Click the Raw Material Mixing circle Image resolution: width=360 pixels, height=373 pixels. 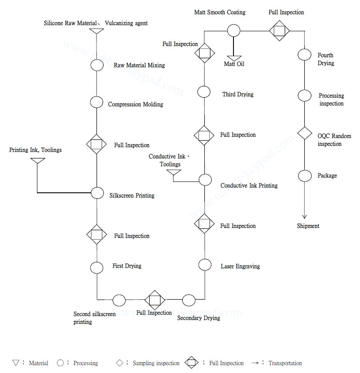click(96, 65)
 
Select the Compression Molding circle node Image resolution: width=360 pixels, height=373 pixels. click(96, 103)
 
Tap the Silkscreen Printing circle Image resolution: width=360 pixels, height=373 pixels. click(96, 192)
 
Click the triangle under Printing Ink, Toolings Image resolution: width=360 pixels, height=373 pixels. click(37, 161)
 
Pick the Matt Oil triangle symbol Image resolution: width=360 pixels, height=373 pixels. click(234, 58)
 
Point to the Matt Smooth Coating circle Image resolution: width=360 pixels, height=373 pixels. click(234, 30)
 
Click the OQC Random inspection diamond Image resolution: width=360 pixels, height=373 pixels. click(304, 133)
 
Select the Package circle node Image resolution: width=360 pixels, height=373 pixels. click(304, 176)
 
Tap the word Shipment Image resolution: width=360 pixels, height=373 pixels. click(308, 226)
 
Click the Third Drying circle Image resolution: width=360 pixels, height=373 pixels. click(204, 92)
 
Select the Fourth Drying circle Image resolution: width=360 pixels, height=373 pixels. click(304, 55)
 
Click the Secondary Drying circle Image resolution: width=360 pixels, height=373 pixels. click(189, 300)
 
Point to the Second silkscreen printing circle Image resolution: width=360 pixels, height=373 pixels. click(119, 300)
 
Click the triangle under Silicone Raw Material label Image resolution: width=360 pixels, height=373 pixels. click(96, 31)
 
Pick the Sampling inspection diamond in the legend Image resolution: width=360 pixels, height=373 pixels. click(120, 363)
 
